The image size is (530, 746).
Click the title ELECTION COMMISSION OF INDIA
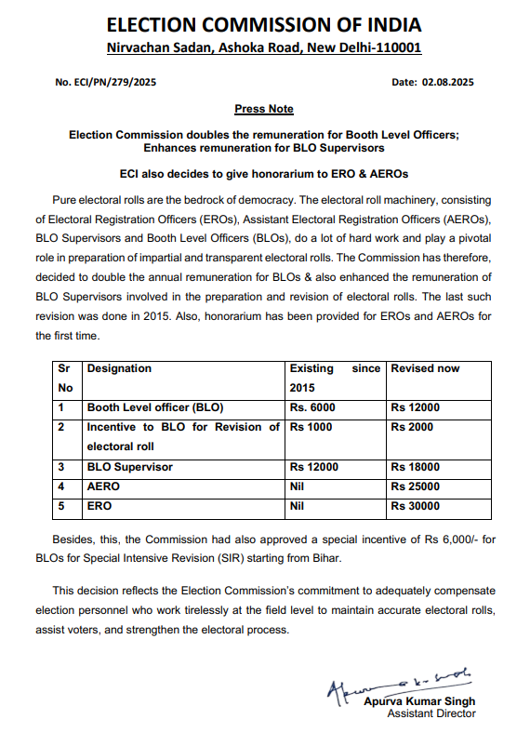tap(264, 24)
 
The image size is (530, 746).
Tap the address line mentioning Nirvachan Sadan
tap(264, 47)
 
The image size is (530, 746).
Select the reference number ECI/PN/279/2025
tap(105, 83)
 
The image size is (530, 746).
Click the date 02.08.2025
tap(433, 83)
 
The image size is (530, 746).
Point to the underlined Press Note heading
tap(264, 109)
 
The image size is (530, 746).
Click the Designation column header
tap(119, 368)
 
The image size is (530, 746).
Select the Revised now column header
tap(425, 368)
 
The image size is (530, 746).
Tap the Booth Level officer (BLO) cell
tap(155, 407)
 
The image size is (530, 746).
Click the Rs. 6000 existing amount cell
tap(312, 407)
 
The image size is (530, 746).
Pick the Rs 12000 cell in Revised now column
tap(415, 407)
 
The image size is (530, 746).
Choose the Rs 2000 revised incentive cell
tap(412, 427)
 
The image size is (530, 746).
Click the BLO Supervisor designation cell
tap(130, 467)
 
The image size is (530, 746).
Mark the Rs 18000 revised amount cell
tap(415, 467)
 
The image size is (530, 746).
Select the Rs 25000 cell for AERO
tap(415, 486)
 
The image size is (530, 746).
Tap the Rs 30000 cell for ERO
tap(415, 506)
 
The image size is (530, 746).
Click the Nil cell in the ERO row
tap(298, 506)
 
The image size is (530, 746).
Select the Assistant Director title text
tap(431, 713)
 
